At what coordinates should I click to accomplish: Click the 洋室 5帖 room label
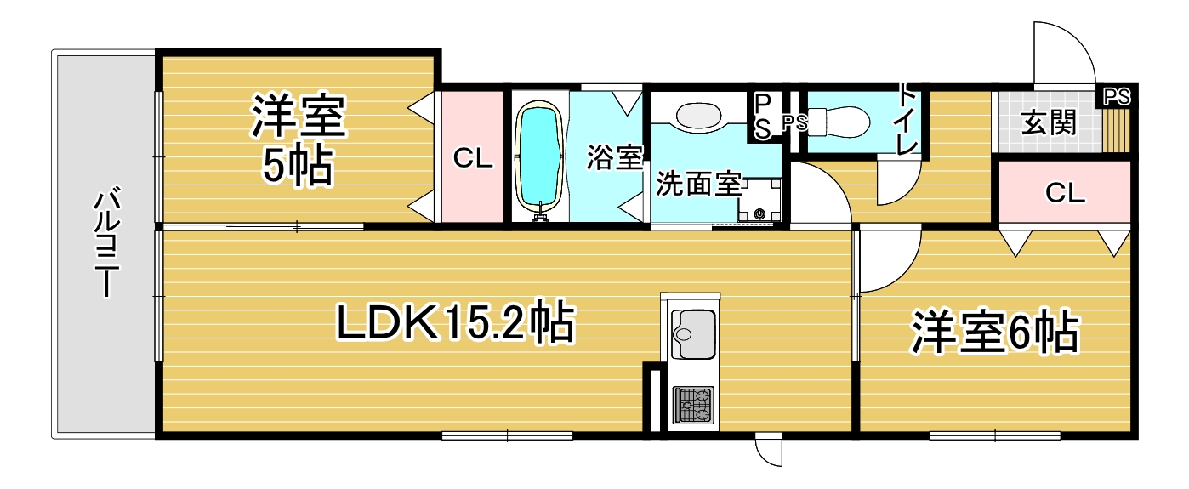pyautogui.click(x=299, y=139)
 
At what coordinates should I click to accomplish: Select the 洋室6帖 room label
pyautogui.click(x=995, y=333)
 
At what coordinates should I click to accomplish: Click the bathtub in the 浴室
pyautogui.click(x=539, y=156)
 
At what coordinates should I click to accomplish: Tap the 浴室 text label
pyautogui.click(x=615, y=157)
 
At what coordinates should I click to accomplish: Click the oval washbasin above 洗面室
pyautogui.click(x=698, y=116)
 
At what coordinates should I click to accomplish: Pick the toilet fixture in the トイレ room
pyautogui.click(x=839, y=122)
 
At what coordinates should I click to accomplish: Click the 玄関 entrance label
pyautogui.click(x=1049, y=122)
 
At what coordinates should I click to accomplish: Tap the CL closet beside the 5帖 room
pyautogui.click(x=472, y=157)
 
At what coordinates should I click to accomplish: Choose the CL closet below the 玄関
pyautogui.click(x=1065, y=192)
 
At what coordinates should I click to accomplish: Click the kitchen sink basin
pyautogui.click(x=693, y=334)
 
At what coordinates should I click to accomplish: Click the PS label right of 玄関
pyautogui.click(x=1117, y=97)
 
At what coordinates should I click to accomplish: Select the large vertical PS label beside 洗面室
pyautogui.click(x=763, y=117)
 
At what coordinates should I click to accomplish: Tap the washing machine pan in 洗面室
pyautogui.click(x=759, y=200)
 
